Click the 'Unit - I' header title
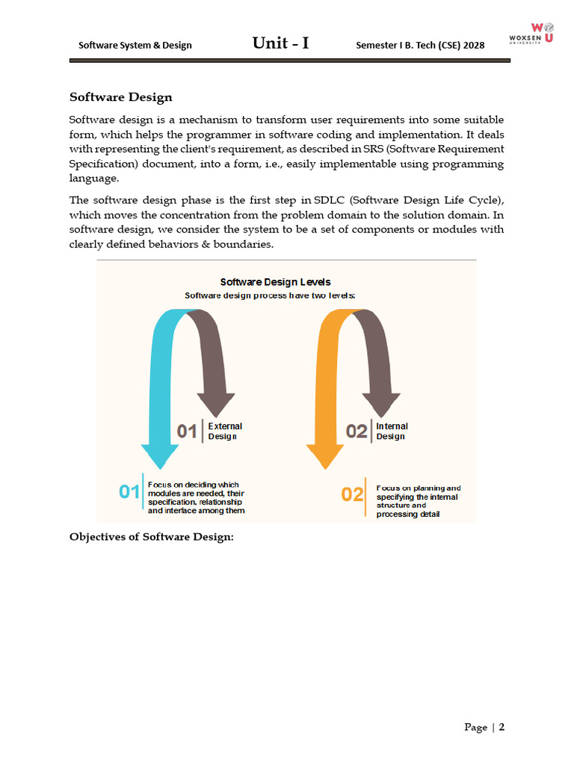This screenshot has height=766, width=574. point(280,43)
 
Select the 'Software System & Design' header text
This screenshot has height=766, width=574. point(135,45)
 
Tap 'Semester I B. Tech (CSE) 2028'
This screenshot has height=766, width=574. point(421,45)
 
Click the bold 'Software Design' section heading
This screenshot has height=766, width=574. point(121,97)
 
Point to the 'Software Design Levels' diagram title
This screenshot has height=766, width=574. point(276,282)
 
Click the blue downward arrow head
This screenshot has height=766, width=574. point(160,456)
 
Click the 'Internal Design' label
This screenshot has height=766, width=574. point(392,431)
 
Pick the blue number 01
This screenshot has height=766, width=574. point(129,491)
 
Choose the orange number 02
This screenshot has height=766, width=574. point(352,494)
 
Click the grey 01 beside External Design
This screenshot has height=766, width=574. point(187,431)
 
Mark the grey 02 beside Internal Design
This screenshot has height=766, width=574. point(357,431)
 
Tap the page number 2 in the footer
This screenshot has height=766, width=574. point(502,727)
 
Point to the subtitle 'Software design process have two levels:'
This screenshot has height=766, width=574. point(270,295)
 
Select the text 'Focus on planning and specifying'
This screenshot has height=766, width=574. point(418,492)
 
